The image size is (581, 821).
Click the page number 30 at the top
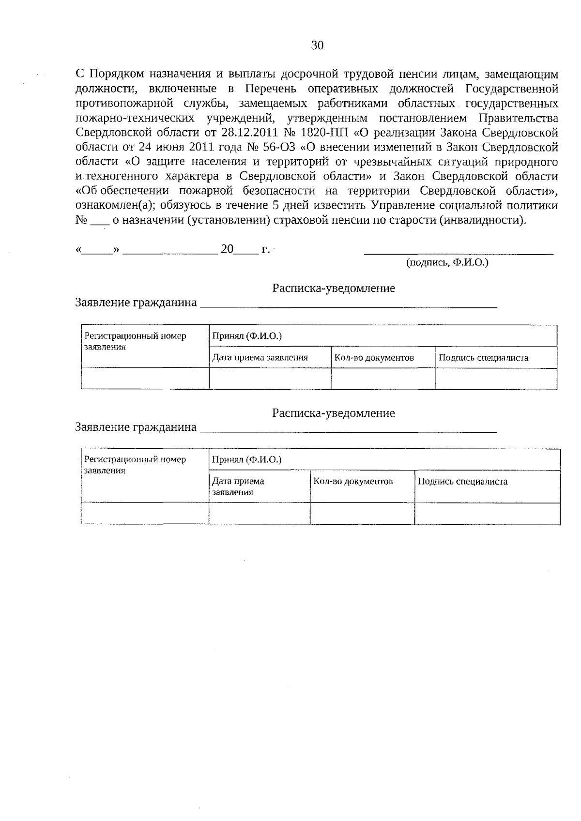(317, 46)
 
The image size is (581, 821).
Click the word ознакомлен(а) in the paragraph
(116, 206)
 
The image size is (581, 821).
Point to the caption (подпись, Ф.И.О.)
(447, 263)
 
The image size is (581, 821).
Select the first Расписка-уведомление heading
(333, 289)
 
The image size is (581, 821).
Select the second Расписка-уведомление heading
(333, 413)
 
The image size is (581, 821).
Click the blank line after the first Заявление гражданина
(349, 305)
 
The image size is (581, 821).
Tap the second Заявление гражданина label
(136, 427)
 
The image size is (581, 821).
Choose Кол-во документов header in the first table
(374, 358)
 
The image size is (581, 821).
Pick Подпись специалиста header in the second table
(462, 482)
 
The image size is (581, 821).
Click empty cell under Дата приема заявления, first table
(270, 379)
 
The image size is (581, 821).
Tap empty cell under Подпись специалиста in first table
(496, 379)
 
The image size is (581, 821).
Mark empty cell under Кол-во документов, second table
(362, 514)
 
